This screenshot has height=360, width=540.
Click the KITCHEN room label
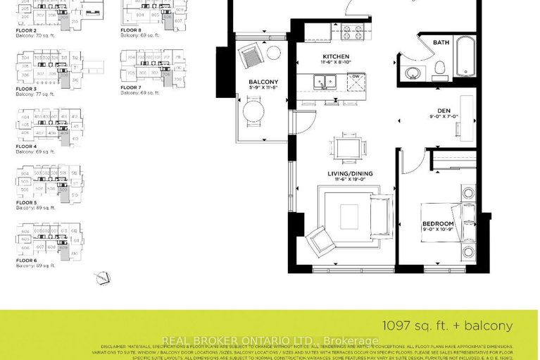pos(336,56)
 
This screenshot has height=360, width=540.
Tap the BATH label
pos(441,43)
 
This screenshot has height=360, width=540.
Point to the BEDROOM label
pos(437,224)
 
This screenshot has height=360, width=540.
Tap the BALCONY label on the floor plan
pos(263,82)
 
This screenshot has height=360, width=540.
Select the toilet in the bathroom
pos(440,68)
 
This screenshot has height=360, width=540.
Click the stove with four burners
pos(350,32)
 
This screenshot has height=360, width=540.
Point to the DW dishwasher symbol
pos(357,77)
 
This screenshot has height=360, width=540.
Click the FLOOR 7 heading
pos(131,87)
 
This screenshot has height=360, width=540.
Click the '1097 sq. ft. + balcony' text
pos(447,325)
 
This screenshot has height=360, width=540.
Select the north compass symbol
pos(103,279)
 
